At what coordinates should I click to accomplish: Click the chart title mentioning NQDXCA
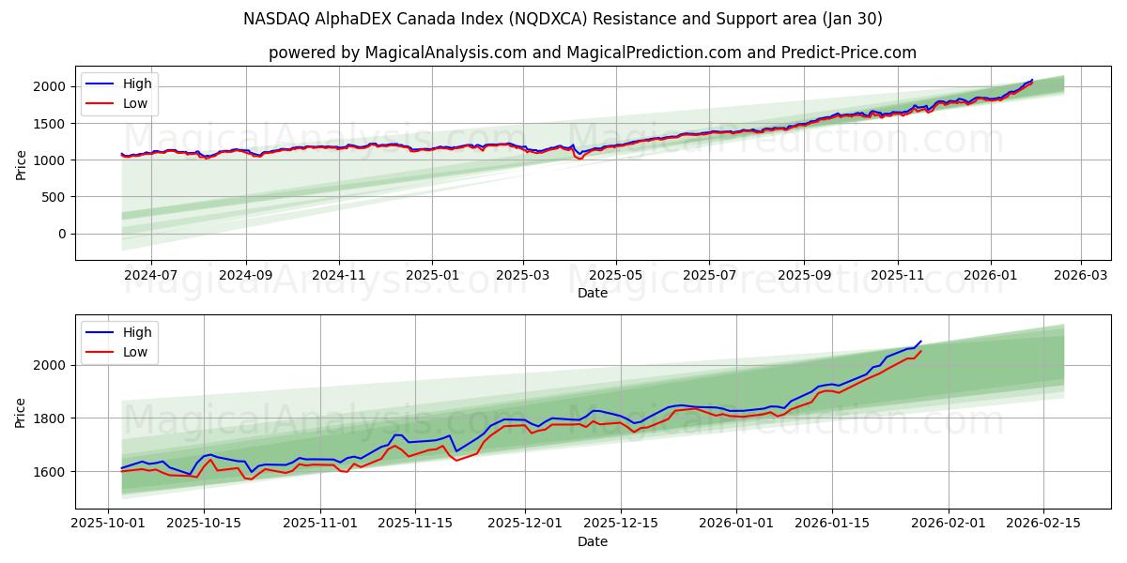(x=563, y=19)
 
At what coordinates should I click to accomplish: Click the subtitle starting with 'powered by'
(x=592, y=53)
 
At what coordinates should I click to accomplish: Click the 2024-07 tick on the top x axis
(x=150, y=276)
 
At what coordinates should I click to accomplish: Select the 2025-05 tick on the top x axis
(x=616, y=276)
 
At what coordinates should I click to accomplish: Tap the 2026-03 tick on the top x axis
(x=1081, y=276)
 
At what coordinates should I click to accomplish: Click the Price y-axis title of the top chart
(x=21, y=164)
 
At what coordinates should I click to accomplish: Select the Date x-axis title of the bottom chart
(x=592, y=541)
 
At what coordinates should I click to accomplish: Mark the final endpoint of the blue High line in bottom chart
(x=921, y=341)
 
